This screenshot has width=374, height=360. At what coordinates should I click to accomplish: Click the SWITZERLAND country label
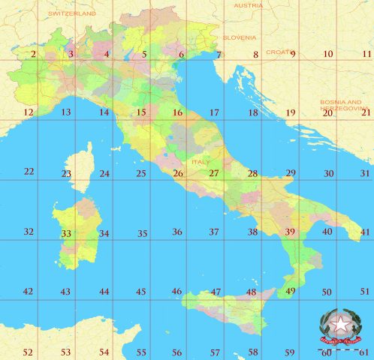pyautogui.click(x=73, y=13)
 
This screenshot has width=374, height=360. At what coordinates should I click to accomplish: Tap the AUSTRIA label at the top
pyautogui.click(x=249, y=5)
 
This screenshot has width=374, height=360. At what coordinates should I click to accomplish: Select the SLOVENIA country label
pyautogui.click(x=240, y=37)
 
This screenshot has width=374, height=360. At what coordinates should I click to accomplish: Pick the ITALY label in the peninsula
pyautogui.click(x=201, y=161)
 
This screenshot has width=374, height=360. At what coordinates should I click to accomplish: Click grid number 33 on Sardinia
pyautogui.click(x=66, y=233)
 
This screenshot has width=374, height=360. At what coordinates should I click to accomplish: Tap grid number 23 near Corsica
pyautogui.click(x=66, y=174)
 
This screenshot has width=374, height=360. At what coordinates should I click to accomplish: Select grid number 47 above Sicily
pyautogui.click(x=216, y=292)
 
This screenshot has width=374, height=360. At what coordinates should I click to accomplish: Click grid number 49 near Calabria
pyautogui.click(x=291, y=291)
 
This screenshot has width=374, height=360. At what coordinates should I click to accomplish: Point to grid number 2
pyautogui.click(x=33, y=54)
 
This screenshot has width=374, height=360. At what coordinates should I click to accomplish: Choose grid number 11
pyautogui.click(x=366, y=54)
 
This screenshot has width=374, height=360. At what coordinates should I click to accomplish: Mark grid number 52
pyautogui.click(x=28, y=352)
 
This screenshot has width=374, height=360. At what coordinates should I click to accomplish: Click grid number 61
pyautogui.click(x=366, y=352)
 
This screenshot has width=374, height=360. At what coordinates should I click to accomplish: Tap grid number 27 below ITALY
pyautogui.click(x=214, y=173)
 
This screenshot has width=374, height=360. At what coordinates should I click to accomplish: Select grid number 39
pyautogui.click(x=290, y=232)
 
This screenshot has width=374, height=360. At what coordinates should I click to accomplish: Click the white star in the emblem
pyautogui.click(x=342, y=325)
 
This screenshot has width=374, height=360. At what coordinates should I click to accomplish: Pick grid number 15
pyautogui.click(x=140, y=112)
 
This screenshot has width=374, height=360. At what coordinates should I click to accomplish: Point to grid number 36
pyautogui.click(x=177, y=232)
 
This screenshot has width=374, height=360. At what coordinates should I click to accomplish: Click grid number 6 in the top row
pyautogui.click(x=181, y=54)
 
